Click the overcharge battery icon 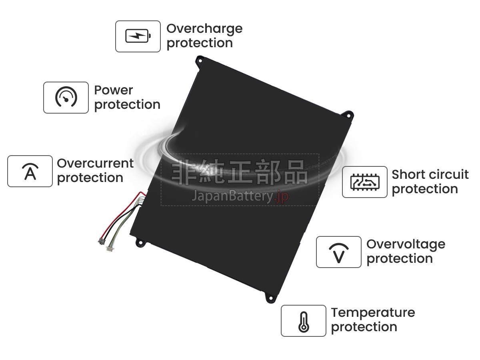click(138, 36)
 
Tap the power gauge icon click(66, 98)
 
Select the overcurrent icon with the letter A click(30, 171)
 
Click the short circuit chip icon click(365, 182)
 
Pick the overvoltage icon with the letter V click(339, 252)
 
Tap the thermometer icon click(304, 321)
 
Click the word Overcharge click(204, 29)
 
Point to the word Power click(114, 90)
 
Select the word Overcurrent click(95, 163)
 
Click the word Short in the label click(407, 175)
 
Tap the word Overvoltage click(406, 244)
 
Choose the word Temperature click(373, 312)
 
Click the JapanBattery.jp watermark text click(240, 196)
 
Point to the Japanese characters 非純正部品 click(240, 173)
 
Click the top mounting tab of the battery click(200, 60)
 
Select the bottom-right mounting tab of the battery click(271, 297)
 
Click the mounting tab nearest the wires click(140, 242)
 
